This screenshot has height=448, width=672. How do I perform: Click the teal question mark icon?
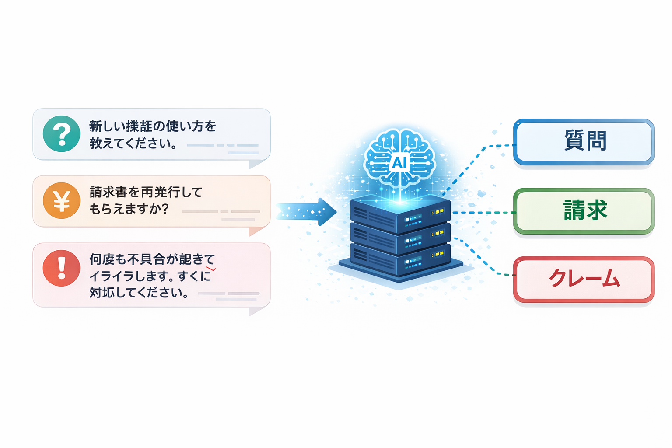click(x=62, y=134)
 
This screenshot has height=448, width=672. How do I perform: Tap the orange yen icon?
click(x=62, y=201)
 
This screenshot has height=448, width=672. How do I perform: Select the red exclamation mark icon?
click(x=62, y=268)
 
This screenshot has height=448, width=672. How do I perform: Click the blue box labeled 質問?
click(x=584, y=141)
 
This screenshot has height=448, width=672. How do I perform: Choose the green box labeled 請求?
click(x=584, y=210)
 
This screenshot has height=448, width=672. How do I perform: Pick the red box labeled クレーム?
click(x=584, y=279)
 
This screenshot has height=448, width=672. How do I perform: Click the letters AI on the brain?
click(x=399, y=163)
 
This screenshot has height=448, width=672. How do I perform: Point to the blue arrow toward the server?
click(x=306, y=212)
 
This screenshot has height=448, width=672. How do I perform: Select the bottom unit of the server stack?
click(x=400, y=261)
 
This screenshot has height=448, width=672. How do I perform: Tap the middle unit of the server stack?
click(x=400, y=238)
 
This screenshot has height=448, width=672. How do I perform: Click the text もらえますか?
click(x=129, y=209)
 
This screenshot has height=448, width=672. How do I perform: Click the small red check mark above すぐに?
click(x=211, y=269)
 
